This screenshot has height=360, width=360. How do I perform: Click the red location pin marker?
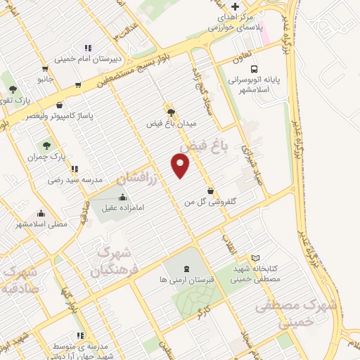181,165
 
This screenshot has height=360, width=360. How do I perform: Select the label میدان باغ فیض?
171,123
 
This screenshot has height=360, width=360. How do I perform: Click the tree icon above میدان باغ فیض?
171,111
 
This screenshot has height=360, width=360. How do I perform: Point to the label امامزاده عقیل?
123,208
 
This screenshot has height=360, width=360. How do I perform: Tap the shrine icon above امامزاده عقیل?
123,197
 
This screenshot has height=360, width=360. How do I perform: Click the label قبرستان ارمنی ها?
186,280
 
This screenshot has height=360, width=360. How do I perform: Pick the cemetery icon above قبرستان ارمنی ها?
186,268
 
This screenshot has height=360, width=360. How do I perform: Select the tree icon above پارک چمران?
46,146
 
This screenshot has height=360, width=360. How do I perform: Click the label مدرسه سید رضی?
51,180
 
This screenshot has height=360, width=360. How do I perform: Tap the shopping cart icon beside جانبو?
46,69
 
